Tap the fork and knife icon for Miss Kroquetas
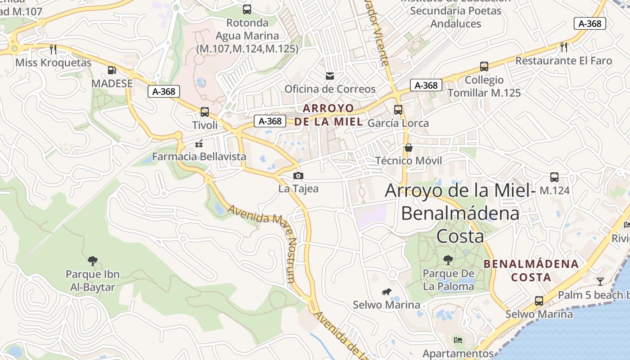point(53,49)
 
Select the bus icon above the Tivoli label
point(205,112)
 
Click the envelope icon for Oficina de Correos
point(330,76)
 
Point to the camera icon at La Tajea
point(298,175)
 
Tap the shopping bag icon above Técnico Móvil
point(409,147)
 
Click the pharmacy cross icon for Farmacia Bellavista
point(198,144)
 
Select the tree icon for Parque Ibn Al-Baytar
point(93,261)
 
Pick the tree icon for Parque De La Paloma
point(448,260)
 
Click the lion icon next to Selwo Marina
point(386,292)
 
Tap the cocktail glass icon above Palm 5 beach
point(600,282)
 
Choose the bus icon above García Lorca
point(398,109)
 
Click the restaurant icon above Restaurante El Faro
point(563,47)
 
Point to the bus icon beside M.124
point(554,177)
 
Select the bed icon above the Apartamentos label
point(458,340)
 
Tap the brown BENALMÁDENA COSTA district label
point(531,270)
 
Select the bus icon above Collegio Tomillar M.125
point(484,67)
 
